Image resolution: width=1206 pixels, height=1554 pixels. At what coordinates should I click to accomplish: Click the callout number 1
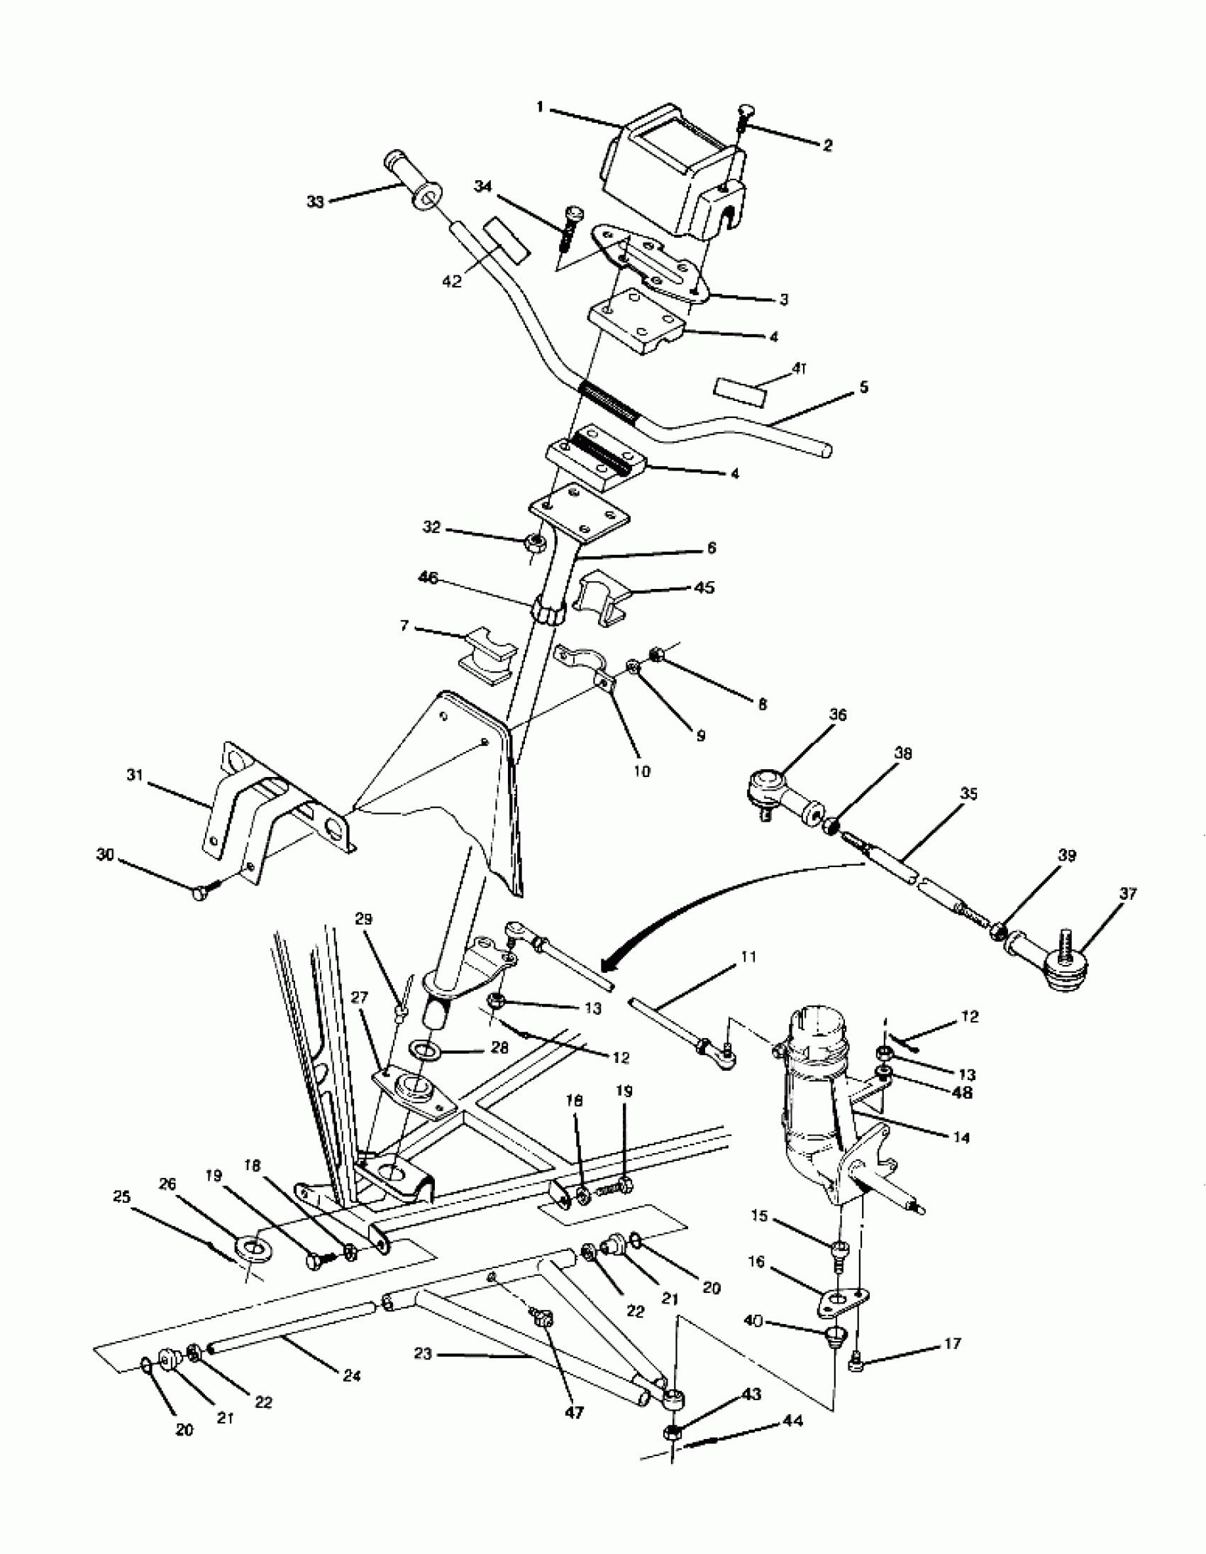coord(540,108)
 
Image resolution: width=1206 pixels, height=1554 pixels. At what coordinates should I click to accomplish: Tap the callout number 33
coord(315,202)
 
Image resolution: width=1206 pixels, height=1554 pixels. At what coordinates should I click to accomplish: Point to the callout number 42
coord(452,282)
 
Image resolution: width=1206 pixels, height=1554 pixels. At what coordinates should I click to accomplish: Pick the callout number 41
coord(800,369)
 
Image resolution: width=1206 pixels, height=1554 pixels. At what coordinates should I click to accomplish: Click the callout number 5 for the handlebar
coord(864,387)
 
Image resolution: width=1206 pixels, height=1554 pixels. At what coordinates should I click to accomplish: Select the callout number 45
coord(704,588)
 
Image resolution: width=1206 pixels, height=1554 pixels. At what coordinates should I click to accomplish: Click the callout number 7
coord(405,626)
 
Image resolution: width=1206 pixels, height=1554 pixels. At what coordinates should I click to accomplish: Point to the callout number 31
coord(135,775)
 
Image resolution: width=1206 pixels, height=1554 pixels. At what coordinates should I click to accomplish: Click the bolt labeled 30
coord(201,893)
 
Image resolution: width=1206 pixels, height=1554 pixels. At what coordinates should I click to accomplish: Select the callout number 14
coord(961,1137)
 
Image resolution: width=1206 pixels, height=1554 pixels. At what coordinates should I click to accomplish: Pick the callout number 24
coord(350,1376)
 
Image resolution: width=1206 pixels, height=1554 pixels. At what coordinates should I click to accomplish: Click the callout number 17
coord(952,1343)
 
